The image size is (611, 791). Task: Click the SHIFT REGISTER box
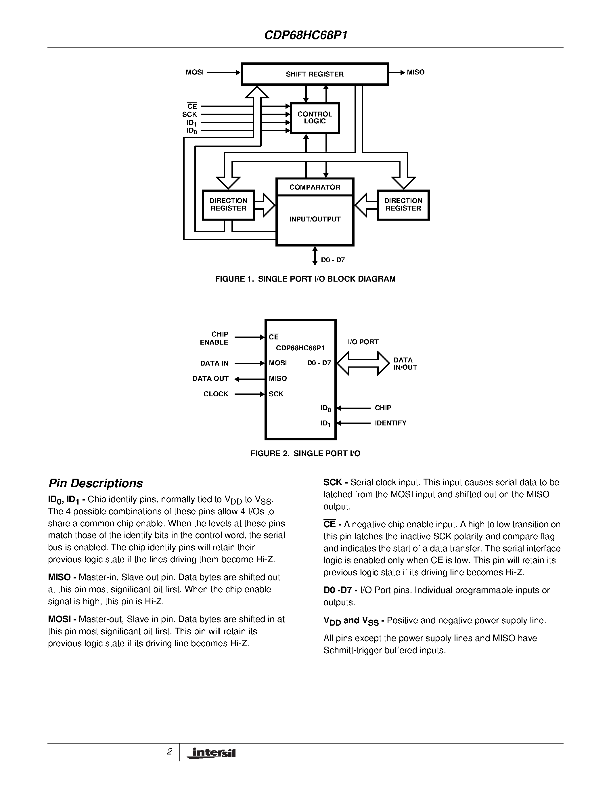coord(315,74)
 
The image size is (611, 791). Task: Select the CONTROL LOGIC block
coord(315,118)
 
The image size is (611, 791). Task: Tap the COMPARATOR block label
coord(315,187)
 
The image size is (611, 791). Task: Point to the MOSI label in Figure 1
coord(195,72)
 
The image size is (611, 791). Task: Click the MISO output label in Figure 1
coord(415,72)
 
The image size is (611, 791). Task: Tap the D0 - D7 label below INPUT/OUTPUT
coord(333,260)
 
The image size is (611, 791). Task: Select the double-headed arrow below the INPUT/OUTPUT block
coord(315,256)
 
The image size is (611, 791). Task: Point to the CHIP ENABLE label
coord(214,338)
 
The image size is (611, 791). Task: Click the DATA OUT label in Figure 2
coord(210,379)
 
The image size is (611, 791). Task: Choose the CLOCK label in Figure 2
coord(216,394)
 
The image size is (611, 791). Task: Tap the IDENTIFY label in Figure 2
coord(390,423)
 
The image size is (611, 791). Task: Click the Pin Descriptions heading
coord(95,484)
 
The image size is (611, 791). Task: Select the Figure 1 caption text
coord(305,279)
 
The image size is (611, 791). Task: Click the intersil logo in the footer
coord(211,753)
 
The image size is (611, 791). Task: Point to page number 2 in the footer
coord(169,752)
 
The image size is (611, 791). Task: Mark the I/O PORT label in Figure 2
coord(363,342)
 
